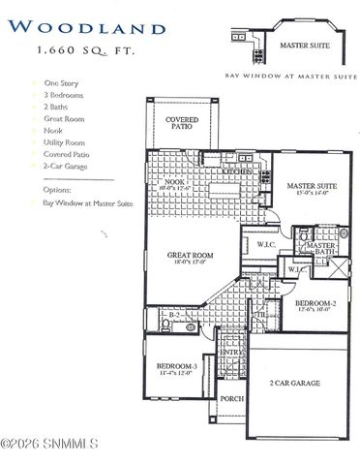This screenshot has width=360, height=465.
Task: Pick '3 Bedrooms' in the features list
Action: (64, 96)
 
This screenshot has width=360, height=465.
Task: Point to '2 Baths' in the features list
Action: (57, 107)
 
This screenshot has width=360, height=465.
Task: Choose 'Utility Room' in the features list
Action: (65, 143)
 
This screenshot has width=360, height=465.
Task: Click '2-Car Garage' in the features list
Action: (65, 166)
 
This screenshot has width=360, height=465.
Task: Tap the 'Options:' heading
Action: (58, 190)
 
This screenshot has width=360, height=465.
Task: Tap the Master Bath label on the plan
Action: (320, 249)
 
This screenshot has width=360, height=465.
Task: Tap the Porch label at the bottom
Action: (231, 398)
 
